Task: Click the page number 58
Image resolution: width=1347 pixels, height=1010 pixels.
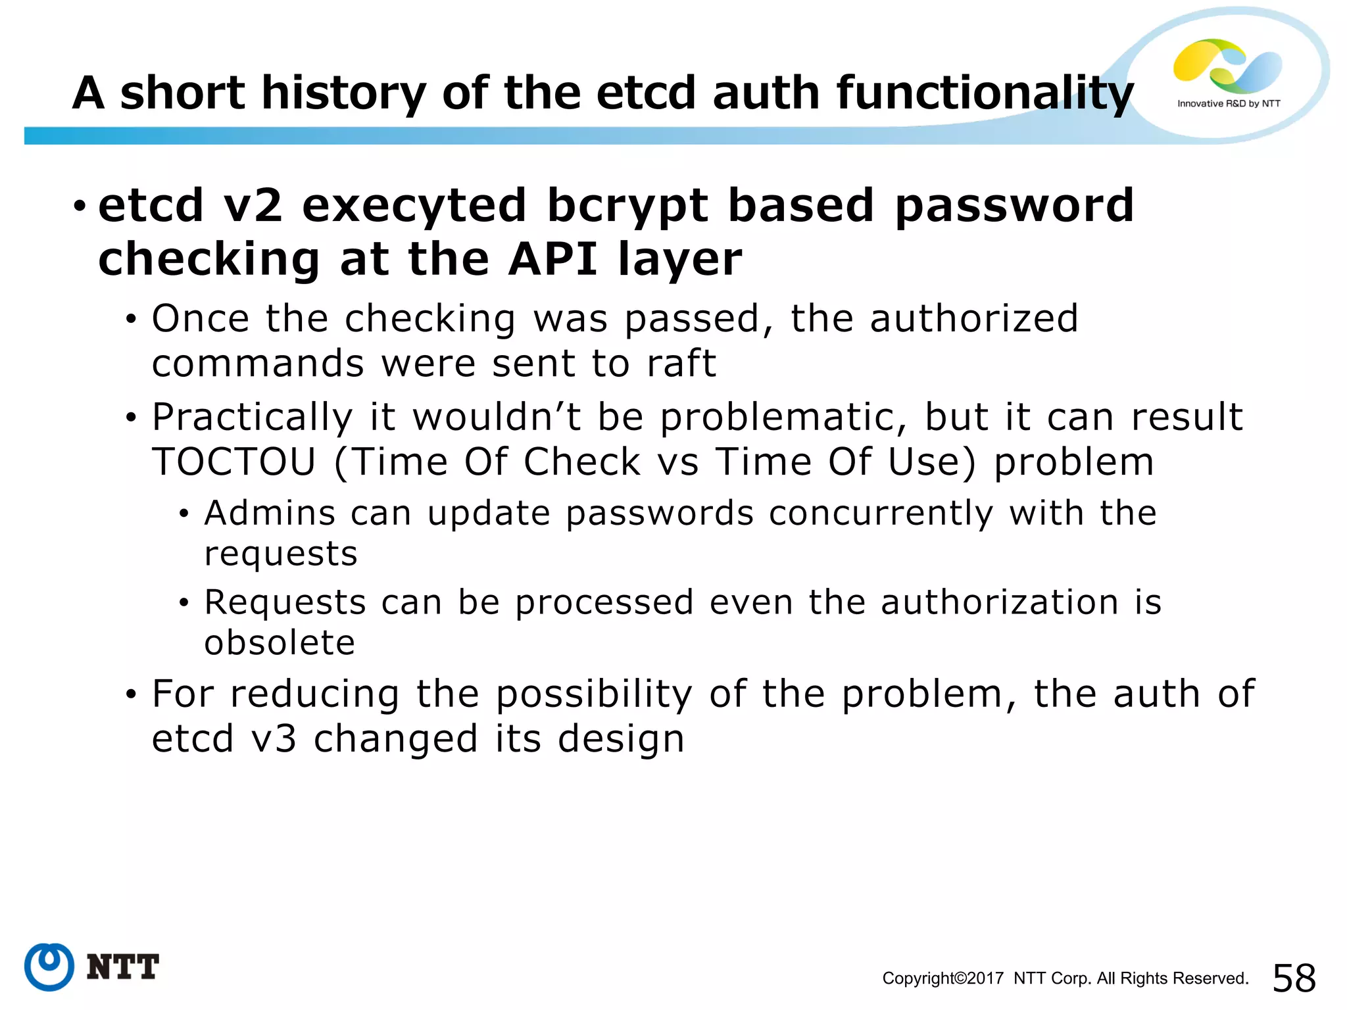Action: (x=1294, y=978)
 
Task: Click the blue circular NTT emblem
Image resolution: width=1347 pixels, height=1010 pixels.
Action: (x=49, y=967)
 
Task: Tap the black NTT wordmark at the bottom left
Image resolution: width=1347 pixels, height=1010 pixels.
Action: (x=123, y=967)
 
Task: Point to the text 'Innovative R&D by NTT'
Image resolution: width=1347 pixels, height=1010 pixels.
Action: (x=1229, y=104)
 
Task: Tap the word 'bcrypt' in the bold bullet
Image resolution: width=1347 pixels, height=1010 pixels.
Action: (x=627, y=205)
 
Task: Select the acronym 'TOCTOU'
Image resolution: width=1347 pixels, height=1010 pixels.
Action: (x=234, y=462)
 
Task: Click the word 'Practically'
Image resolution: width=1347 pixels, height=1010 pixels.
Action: (x=253, y=417)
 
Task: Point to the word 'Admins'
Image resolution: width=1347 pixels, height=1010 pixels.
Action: (x=270, y=513)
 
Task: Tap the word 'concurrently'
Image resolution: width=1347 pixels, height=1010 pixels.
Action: (x=881, y=513)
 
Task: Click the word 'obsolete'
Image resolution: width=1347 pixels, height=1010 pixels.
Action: (x=280, y=642)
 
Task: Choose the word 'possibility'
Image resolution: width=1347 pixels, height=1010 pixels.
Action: (x=594, y=694)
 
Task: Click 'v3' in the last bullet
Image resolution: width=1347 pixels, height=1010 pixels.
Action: (x=274, y=738)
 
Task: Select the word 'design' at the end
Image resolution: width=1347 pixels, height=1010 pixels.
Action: (x=621, y=738)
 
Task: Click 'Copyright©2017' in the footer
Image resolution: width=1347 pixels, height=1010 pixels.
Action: (x=943, y=978)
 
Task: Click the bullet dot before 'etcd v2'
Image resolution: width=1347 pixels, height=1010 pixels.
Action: (x=80, y=206)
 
